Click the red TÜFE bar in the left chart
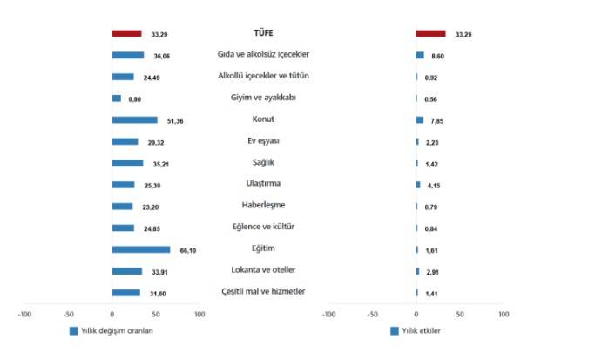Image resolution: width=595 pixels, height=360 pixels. pyautogui.click(x=126, y=34)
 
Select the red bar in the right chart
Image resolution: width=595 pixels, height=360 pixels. pyautogui.click(x=430, y=34)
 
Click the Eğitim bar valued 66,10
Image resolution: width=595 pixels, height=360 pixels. pyautogui.click(x=140, y=249)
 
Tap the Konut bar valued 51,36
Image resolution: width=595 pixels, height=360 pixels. pyautogui.click(x=134, y=120)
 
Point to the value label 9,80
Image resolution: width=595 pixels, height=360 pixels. pyautogui.click(x=134, y=98)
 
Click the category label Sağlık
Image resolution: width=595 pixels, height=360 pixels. pyautogui.click(x=264, y=162)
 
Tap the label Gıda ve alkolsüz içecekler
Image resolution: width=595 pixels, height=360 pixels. pyautogui.click(x=264, y=54)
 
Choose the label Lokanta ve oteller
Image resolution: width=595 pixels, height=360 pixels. pyautogui.click(x=264, y=269)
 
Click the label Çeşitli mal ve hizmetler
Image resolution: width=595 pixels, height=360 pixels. pyautogui.click(x=264, y=291)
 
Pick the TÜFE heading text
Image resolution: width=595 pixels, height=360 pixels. pyautogui.click(x=264, y=33)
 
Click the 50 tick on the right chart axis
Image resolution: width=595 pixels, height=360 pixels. pyautogui.click(x=459, y=314)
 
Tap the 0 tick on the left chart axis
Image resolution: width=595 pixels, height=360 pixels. pyautogui.click(x=112, y=314)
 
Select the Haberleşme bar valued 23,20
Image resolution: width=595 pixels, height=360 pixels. pyautogui.click(x=122, y=207)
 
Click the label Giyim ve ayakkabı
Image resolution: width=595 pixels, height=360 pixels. pyautogui.click(x=264, y=98)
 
